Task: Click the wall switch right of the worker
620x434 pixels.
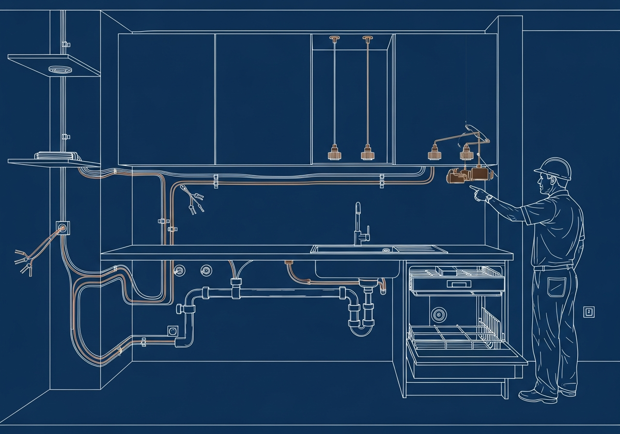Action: (589, 312)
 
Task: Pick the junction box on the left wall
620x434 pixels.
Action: (62, 226)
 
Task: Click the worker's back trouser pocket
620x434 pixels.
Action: (553, 287)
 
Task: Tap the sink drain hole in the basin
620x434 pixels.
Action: (386, 250)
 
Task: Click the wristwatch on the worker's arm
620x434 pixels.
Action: (489, 198)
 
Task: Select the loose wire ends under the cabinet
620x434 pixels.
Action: (192, 201)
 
